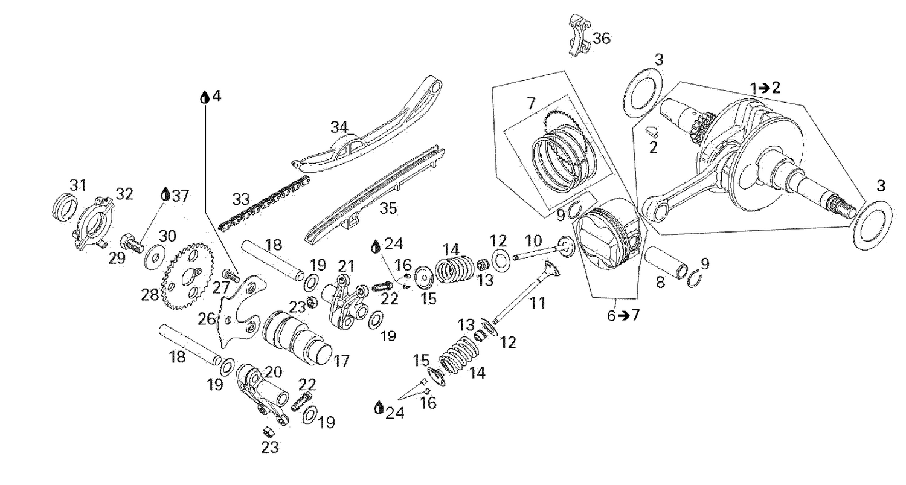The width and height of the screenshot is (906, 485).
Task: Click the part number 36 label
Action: click(601, 39)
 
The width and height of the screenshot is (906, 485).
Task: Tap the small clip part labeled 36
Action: click(579, 36)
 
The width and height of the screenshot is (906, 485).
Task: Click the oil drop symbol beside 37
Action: click(165, 194)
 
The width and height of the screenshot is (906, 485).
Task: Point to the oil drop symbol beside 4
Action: click(205, 97)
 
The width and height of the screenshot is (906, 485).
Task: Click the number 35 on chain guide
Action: click(389, 208)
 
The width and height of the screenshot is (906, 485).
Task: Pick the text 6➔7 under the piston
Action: click(623, 315)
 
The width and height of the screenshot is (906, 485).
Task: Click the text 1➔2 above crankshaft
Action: click(765, 88)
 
